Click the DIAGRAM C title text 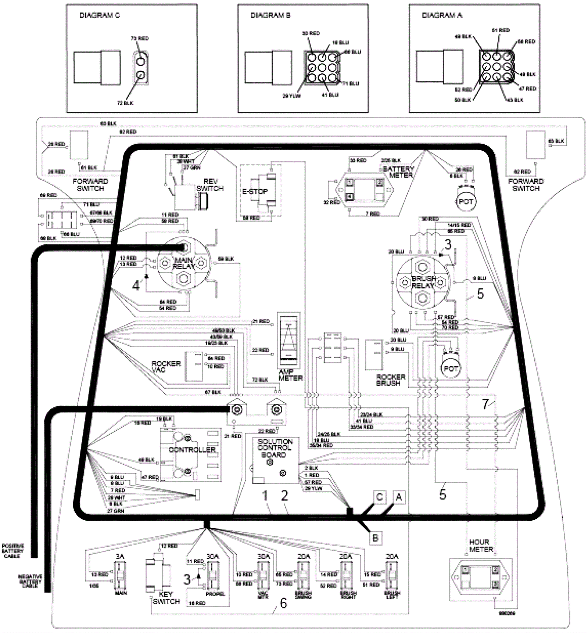click(100, 15)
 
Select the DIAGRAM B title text click(270, 15)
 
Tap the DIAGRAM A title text click(442, 15)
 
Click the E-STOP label click(255, 191)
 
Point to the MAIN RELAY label click(184, 263)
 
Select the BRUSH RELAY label click(423, 282)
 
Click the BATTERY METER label click(399, 172)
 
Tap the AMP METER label click(290, 375)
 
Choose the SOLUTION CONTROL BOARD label click(275, 448)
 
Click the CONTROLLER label click(192, 450)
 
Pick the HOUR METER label click(481, 546)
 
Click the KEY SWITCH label click(166, 598)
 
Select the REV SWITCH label click(210, 185)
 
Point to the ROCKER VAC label click(166, 367)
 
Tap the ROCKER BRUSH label click(391, 380)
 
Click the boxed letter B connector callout click(375, 538)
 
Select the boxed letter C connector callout click(380, 497)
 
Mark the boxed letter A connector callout click(399, 497)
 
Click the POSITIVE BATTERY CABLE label click(12, 551)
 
